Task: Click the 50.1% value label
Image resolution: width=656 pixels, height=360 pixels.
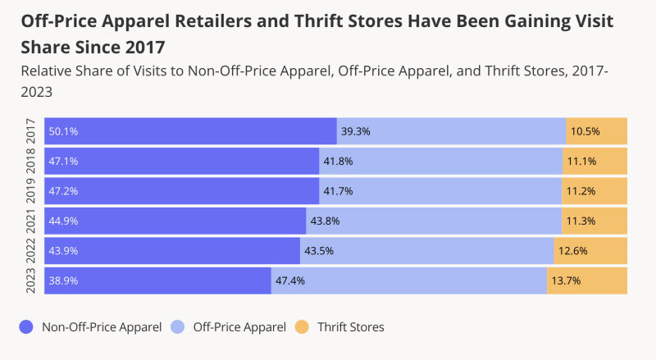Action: pyautogui.click(x=63, y=131)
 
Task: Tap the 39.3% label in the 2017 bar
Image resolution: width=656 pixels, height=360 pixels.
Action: pyautogui.click(x=355, y=131)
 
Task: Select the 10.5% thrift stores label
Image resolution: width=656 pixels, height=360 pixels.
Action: pyautogui.click(x=585, y=131)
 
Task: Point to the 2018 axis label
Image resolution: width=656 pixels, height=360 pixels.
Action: pyautogui.click(x=31, y=162)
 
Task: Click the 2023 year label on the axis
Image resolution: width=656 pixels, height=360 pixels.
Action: pyautogui.click(x=31, y=281)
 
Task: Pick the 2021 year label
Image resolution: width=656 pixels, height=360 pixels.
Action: pyautogui.click(x=31, y=221)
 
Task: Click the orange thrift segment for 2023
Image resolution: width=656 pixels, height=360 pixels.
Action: pyautogui.click(x=587, y=281)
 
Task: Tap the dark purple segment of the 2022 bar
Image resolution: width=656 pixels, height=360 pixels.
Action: pyautogui.click(x=172, y=251)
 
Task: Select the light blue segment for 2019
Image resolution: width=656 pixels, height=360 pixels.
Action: pyautogui.click(x=440, y=191)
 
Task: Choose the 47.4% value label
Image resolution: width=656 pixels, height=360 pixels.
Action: pyautogui.click(x=290, y=281)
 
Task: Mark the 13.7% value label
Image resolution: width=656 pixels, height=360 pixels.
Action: pyautogui.click(x=566, y=281)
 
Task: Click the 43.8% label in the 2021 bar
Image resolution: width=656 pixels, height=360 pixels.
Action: pyautogui.click(x=325, y=221)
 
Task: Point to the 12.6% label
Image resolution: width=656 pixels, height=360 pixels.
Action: pyautogui.click(x=572, y=251)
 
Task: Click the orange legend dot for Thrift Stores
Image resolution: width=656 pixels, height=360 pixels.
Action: pyautogui.click(x=302, y=327)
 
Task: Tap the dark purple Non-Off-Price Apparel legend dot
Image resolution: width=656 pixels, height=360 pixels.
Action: pyautogui.click(x=26, y=327)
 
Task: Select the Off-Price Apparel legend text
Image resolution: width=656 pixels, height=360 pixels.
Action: pyautogui.click(x=239, y=327)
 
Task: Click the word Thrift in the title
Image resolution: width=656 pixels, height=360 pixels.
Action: pyautogui.click(x=319, y=21)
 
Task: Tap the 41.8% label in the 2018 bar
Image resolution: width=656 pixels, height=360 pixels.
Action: pyautogui.click(x=338, y=162)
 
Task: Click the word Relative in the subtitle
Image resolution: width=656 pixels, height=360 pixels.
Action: pyautogui.click(x=46, y=71)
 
